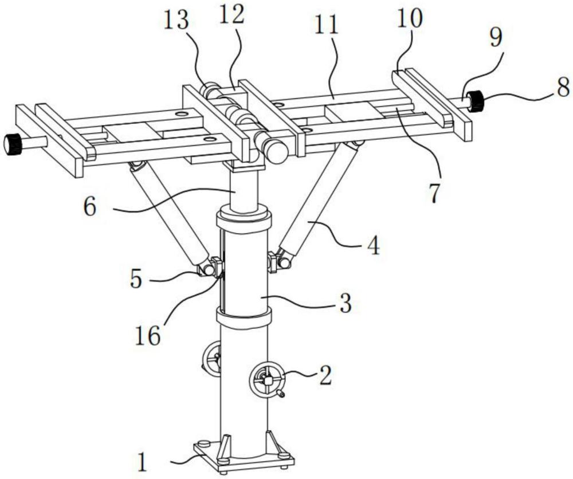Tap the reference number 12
[x=231, y=15]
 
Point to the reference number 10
[x=409, y=19]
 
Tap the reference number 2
[x=325, y=375]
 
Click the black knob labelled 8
[x=476, y=102]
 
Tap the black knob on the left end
[x=13, y=144]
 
